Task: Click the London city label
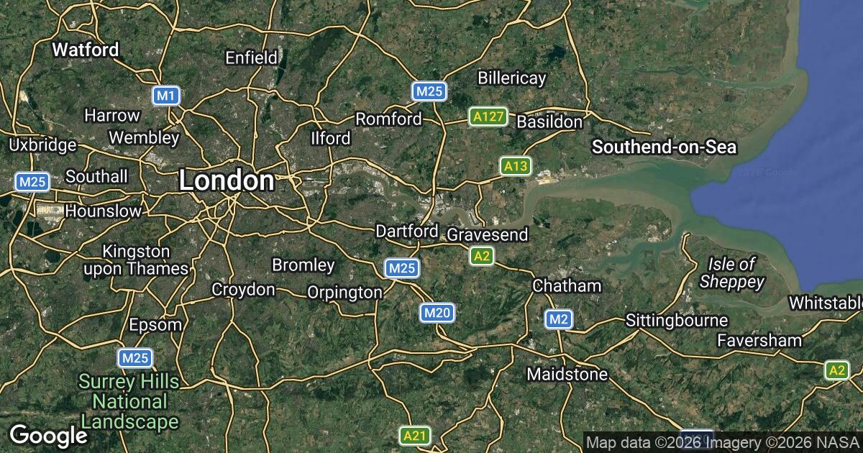(226, 180)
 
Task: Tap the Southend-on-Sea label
(664, 147)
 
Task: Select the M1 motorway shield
(166, 96)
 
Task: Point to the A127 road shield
(488, 116)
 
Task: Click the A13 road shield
(516, 167)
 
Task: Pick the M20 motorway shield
(437, 312)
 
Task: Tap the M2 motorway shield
(558, 319)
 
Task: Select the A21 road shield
(414, 435)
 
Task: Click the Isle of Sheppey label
(731, 273)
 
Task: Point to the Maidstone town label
(567, 374)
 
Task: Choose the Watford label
(86, 50)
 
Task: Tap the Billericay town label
(512, 78)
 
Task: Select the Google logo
(48, 436)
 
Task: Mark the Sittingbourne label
(677, 320)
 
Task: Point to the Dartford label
(406, 232)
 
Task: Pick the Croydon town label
(243, 290)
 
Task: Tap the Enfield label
(251, 58)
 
